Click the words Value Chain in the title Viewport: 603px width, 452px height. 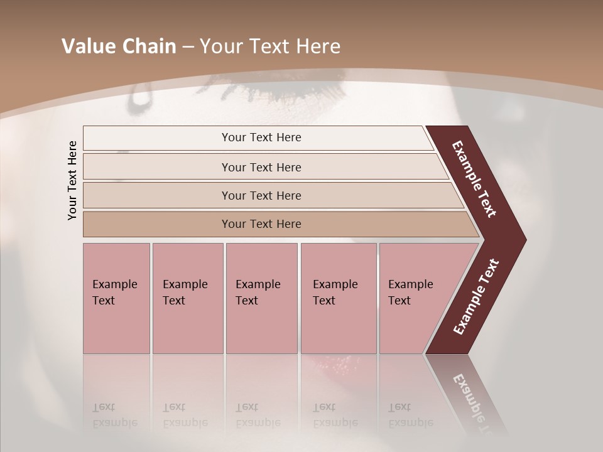[119, 46]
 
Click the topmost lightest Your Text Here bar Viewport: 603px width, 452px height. [261, 137]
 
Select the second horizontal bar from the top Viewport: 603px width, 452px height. [261, 167]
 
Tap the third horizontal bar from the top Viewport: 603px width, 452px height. [261, 196]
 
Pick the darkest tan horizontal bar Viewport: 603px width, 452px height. [261, 224]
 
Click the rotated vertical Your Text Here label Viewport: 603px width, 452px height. [73, 180]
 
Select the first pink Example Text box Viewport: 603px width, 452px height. [116, 298]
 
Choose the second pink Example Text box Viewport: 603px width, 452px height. [187, 298]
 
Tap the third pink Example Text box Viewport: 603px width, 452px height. [261, 298]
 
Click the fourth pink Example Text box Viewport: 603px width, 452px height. [338, 298]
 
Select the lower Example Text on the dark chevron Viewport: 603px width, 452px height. [476, 297]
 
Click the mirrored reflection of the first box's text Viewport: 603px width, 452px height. [114, 415]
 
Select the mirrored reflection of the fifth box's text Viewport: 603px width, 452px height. [410, 415]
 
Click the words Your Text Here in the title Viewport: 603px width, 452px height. [270, 46]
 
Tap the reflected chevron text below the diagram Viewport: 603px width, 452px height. [471, 399]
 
